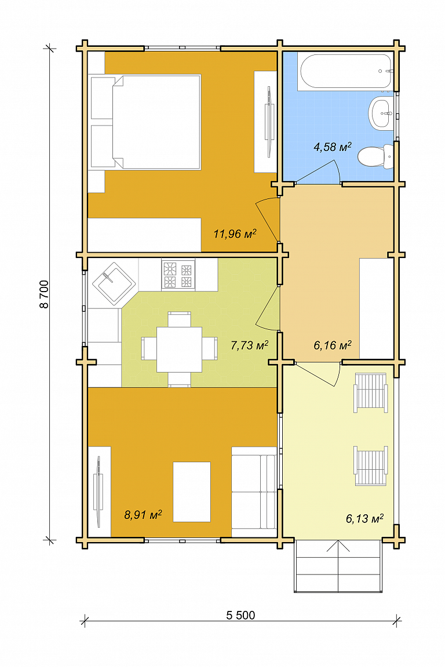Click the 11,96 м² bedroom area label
click(235, 234)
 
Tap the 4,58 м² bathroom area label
click(333, 147)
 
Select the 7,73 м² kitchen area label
click(249, 345)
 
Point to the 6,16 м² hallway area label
click(333, 345)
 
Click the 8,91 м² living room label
click(143, 515)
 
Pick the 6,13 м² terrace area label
click(364, 518)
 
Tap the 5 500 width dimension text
click(240, 615)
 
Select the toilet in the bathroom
click(375, 157)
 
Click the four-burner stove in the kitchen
click(178, 275)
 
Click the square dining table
click(179, 349)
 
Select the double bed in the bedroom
click(145, 123)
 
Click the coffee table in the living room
click(192, 492)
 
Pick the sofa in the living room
click(254, 492)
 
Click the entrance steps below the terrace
click(338, 566)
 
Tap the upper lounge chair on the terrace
click(371, 393)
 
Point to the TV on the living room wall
click(99, 492)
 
